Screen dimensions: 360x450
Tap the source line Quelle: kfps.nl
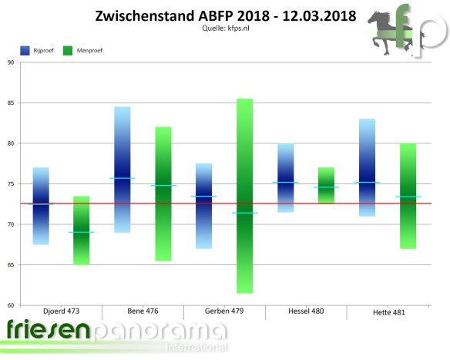tap(225, 29)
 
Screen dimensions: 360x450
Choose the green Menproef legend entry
tap(89, 50)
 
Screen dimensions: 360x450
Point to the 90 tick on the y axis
tap(11, 62)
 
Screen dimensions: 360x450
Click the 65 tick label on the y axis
tap(11, 264)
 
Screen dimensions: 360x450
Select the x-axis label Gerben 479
tap(224, 311)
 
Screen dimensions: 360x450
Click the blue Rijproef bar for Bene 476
tap(122, 169)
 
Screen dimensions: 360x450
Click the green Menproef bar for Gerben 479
tap(245, 196)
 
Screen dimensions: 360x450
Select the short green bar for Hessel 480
tap(327, 185)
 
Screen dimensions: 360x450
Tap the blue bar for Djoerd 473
tap(41, 206)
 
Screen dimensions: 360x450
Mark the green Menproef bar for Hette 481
tap(408, 196)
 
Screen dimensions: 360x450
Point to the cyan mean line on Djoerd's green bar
tap(82, 232)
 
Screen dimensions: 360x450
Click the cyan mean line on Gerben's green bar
tap(245, 213)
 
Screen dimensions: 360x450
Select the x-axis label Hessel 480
tap(305, 311)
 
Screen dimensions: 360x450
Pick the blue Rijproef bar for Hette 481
tap(368, 167)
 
